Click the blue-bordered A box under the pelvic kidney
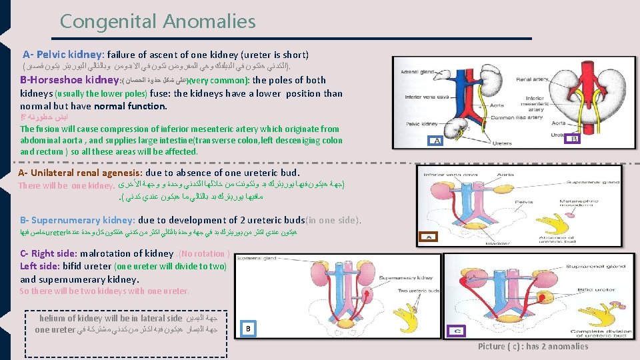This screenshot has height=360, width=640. tap(437, 141)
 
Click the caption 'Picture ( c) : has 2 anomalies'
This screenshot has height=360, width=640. tap(533, 346)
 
